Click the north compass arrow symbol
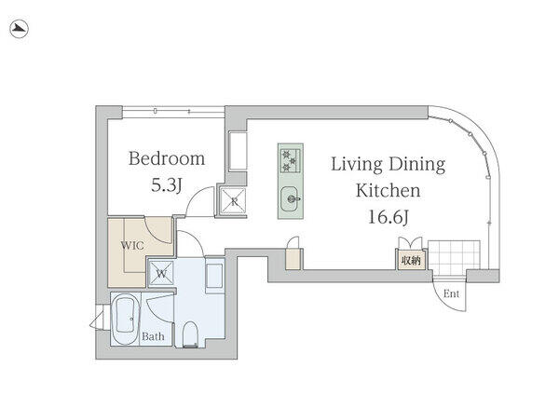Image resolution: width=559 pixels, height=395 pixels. click(19, 29)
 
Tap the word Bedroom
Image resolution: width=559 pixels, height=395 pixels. click(167, 158)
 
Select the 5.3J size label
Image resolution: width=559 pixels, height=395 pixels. click(167, 185)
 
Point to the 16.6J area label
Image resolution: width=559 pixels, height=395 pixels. click(388, 217)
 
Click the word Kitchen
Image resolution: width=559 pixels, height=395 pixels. click(389, 190)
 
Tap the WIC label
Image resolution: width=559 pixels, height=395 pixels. click(132, 245)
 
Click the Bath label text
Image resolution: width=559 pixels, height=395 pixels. click(153, 336)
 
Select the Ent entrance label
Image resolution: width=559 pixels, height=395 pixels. click(451, 293)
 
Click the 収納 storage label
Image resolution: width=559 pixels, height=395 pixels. click(411, 261)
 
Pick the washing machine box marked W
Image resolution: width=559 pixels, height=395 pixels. click(161, 274)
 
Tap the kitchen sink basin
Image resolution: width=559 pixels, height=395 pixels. click(291, 199)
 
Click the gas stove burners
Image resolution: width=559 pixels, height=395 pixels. click(290, 160)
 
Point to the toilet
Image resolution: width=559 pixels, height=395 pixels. click(190, 334)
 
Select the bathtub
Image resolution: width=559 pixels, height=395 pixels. click(125, 319)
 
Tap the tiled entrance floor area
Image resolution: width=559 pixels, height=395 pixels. click(454, 257)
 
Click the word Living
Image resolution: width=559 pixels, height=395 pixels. click(357, 165)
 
